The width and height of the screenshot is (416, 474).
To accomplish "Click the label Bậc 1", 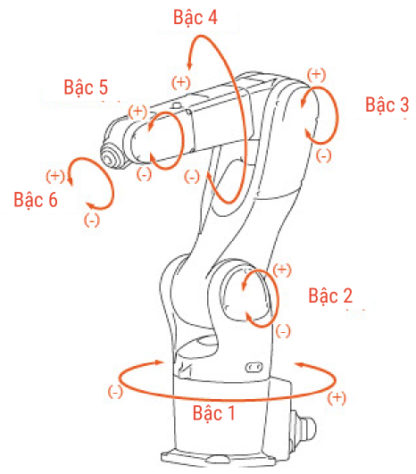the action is [213, 413].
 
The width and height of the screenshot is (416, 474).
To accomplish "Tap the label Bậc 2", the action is [330, 295].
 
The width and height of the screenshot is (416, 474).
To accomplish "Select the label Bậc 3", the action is [387, 104].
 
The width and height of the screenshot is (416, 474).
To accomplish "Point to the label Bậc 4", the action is [195, 17].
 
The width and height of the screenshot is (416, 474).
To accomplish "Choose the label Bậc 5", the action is [86, 87].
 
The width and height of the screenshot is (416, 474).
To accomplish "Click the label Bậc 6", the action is [36, 200].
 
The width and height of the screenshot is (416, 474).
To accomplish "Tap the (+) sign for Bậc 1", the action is [337, 398].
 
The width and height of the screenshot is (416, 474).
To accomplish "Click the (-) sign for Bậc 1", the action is [115, 392].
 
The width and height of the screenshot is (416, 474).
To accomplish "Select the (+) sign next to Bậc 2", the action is [282, 270].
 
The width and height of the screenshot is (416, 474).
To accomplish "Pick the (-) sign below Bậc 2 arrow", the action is [283, 331].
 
